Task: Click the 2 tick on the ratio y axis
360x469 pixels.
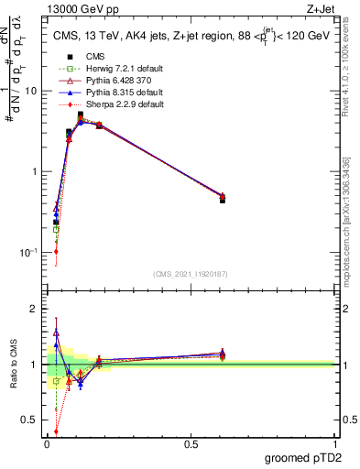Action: tap(37, 309)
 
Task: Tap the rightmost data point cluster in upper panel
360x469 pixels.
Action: tap(223, 197)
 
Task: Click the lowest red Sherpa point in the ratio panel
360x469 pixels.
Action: tap(56, 431)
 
